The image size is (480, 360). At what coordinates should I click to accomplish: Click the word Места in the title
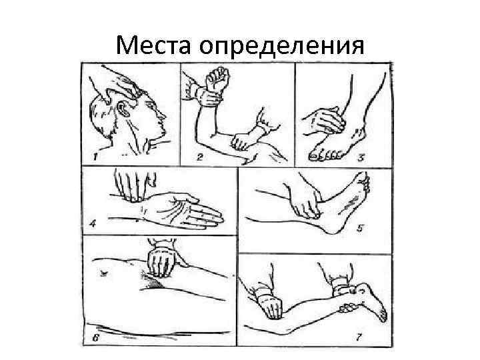[x=153, y=45]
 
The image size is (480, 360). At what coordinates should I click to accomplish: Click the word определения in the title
[x=281, y=47]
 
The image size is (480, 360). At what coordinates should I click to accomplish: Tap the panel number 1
[x=95, y=157]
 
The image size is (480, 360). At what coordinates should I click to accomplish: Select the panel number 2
[x=199, y=157]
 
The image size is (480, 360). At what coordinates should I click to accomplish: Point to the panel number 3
[x=361, y=157]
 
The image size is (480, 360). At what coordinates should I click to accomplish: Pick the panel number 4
[x=93, y=224]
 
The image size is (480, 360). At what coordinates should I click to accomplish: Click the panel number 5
[x=360, y=228]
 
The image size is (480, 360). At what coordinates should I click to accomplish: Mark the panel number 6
[x=95, y=337]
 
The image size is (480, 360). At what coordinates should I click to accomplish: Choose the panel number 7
[x=359, y=337]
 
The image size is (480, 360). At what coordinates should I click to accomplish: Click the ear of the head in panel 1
[x=124, y=108]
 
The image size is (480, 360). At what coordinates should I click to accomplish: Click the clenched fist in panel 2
[x=217, y=79]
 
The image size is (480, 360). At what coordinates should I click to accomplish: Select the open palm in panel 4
[x=184, y=210]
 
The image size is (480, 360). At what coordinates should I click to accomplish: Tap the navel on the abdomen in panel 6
[x=103, y=272]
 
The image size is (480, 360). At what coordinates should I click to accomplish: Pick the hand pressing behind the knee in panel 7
[x=269, y=303]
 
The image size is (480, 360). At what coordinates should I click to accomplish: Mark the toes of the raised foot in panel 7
[x=382, y=315]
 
